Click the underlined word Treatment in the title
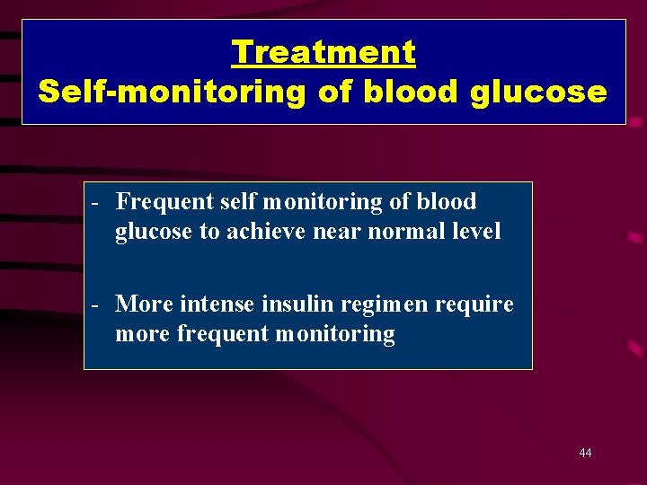pos(323,52)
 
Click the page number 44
pos(585,453)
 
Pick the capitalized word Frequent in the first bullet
pos(164,202)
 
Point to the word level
pos(477,232)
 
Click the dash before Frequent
pos(93,202)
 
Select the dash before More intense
pos(93,304)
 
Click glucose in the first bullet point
pos(154,232)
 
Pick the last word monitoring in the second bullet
pos(334,335)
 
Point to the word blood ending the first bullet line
pos(446,202)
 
